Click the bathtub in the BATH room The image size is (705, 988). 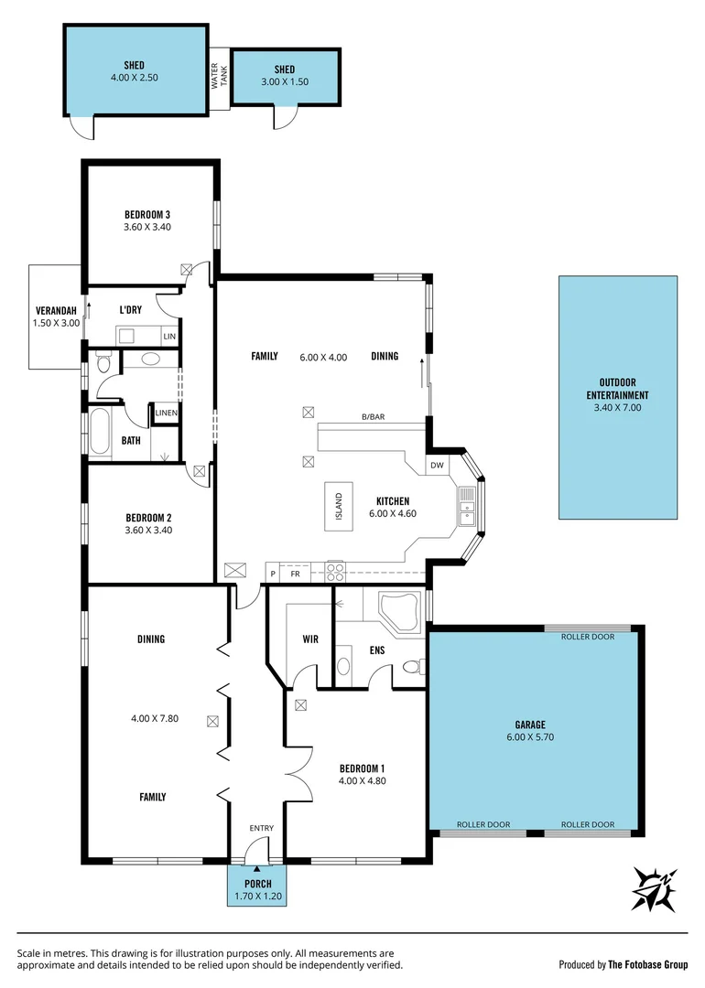click(100, 433)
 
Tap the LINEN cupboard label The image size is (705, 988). click(166, 413)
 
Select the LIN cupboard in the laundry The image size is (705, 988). click(168, 337)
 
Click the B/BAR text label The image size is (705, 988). click(373, 417)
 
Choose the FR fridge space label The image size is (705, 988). click(295, 574)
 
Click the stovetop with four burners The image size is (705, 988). click(334, 572)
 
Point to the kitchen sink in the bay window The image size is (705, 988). click(468, 506)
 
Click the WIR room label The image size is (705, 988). click(310, 639)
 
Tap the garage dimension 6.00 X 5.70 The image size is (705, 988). click(535, 736)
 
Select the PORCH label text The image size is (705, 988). click(257, 884)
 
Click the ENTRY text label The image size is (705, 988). click(261, 828)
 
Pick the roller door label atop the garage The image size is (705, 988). click(587, 637)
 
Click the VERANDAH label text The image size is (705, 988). click(56, 309)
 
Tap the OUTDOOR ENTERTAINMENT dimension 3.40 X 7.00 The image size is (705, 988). click(617, 407)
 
